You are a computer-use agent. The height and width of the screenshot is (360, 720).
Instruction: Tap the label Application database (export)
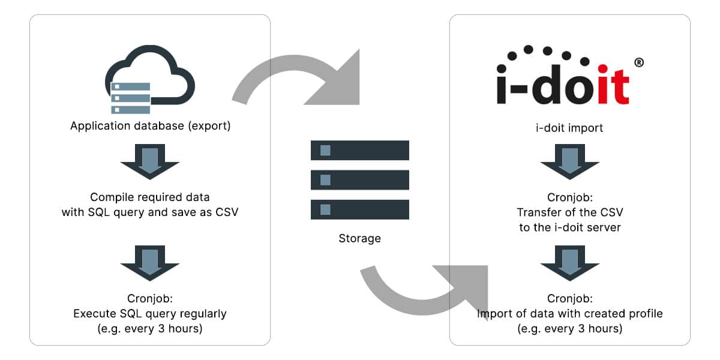[150, 127]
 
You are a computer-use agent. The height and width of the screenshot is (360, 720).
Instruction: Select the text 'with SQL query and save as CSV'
[150, 212]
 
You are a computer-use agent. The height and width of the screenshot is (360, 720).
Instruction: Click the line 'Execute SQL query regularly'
[150, 313]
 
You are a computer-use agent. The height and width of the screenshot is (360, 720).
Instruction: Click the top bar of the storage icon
[359, 151]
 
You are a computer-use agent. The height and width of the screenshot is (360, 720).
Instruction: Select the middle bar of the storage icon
[359, 179]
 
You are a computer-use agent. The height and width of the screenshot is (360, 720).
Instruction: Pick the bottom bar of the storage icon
[359, 209]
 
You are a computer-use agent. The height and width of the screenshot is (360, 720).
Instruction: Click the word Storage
[359, 239]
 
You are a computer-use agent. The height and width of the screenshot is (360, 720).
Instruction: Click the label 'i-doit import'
[569, 128]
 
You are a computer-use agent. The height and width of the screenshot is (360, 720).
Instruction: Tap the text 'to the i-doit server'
[569, 228]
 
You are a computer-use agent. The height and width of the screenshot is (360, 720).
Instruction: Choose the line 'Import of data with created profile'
[569, 314]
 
